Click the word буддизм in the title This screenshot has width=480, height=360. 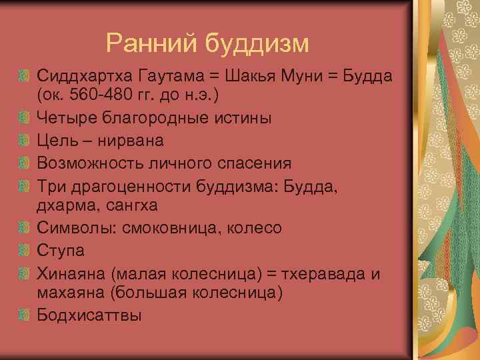tap(257, 44)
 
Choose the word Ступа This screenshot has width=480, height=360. tap(61, 251)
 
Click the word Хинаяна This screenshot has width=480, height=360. tap(71, 273)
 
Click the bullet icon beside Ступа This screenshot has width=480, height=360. tap(24, 251)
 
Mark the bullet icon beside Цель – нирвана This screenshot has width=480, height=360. tap(24, 141)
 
